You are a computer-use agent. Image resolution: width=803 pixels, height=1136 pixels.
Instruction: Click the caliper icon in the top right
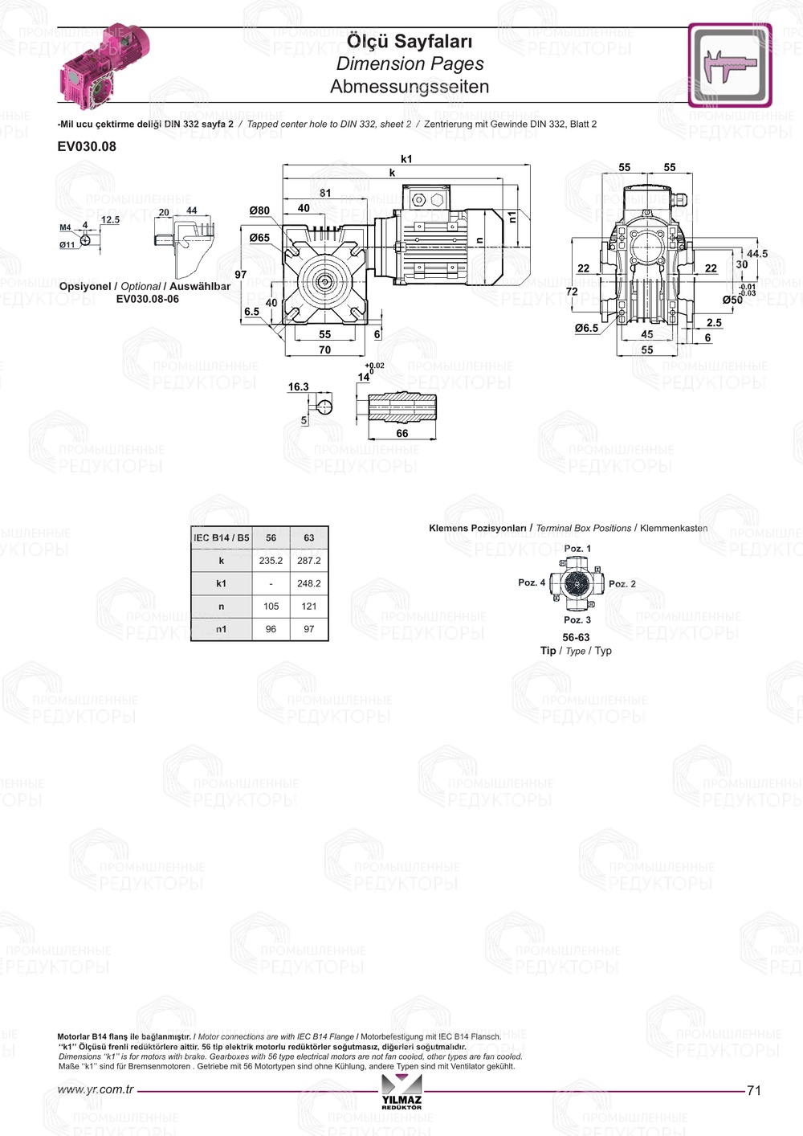(729, 65)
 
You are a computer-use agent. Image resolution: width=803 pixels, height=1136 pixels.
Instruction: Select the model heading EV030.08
(87, 146)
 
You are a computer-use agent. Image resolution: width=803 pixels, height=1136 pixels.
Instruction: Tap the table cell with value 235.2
(271, 561)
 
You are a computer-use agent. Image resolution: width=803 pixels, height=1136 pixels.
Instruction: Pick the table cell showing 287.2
(309, 561)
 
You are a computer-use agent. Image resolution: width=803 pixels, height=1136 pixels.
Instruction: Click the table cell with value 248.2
(309, 583)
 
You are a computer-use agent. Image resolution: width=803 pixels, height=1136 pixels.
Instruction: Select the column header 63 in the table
(309, 537)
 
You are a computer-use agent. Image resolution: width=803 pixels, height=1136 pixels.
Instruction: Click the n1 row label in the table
(221, 629)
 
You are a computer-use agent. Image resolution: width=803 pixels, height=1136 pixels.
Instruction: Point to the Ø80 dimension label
(259, 210)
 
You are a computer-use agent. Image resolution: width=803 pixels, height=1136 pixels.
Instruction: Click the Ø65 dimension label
(259, 238)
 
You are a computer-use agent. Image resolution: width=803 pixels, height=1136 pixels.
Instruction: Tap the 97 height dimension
(241, 275)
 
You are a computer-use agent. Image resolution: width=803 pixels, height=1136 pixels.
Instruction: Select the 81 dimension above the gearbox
(325, 193)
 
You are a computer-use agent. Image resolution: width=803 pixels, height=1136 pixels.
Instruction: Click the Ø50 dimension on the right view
(732, 300)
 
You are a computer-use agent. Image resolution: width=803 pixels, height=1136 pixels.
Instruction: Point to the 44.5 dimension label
(757, 254)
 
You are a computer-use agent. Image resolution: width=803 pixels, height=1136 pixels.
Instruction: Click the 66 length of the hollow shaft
(402, 433)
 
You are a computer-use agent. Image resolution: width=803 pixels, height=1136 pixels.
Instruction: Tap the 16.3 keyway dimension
(299, 386)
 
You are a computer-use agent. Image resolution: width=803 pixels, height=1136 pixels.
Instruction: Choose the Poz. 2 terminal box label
(622, 584)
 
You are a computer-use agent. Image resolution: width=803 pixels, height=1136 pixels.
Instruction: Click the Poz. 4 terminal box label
(532, 582)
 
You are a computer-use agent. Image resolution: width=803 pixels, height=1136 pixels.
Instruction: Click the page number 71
(754, 1090)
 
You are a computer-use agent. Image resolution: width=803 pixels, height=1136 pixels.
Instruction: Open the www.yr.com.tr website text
(96, 1089)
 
